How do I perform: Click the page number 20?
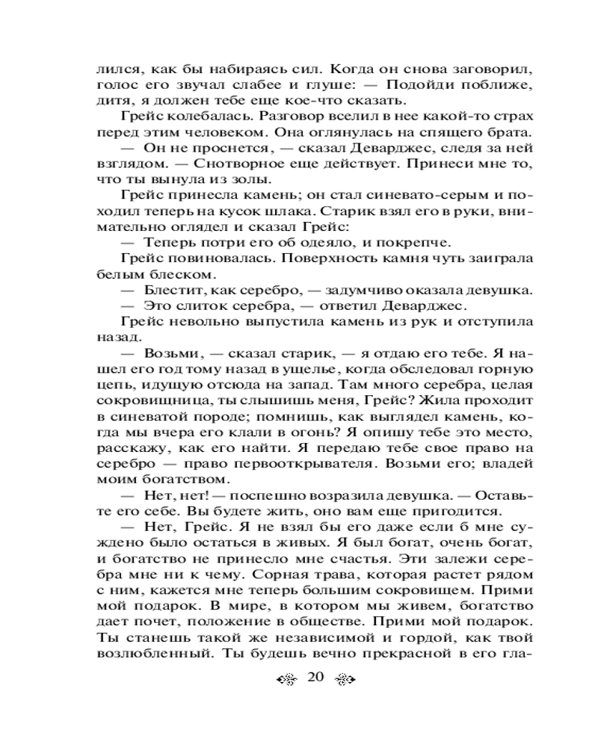point(314,678)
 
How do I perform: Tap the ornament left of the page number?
point(286,678)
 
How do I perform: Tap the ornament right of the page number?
point(343,678)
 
